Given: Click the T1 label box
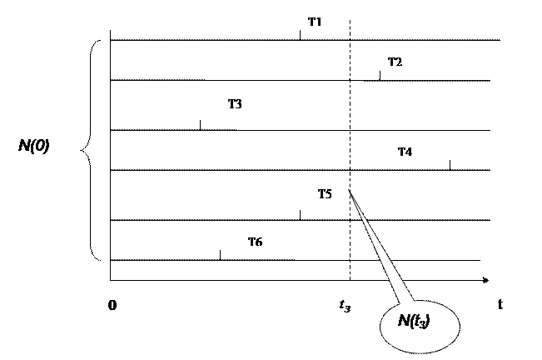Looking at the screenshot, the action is point(325,21).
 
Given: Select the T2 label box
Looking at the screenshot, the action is point(400,61).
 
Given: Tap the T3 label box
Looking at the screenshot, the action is point(245,105).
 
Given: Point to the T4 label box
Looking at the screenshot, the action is point(415,151).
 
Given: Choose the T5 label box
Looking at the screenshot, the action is point(330,194).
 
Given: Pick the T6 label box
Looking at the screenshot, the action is point(265,241).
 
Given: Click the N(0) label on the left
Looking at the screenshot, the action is point(40,150).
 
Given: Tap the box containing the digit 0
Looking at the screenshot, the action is point(125,305).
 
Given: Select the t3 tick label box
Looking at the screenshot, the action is point(346,306).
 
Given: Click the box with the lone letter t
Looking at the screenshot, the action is point(515,305).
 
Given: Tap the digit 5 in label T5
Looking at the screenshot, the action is point(328,194).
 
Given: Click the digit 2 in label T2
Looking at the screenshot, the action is point(398,62).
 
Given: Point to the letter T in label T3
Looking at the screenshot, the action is point(232,104).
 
